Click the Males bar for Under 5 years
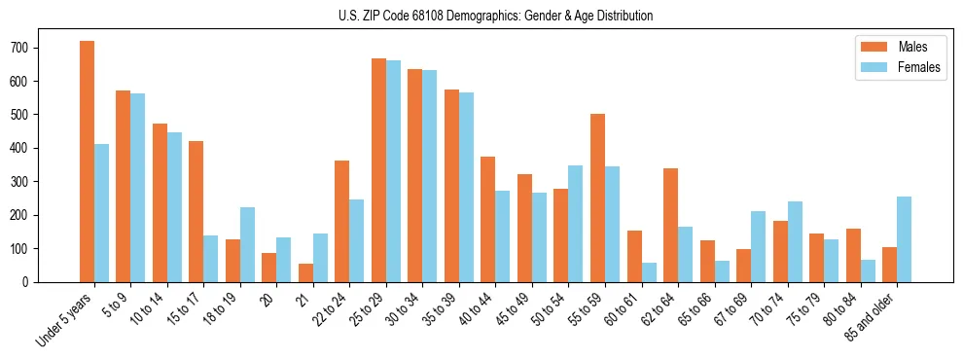point(88,162)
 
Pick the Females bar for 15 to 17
point(211,258)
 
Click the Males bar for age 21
point(306,272)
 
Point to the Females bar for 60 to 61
point(649,271)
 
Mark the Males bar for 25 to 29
point(379,170)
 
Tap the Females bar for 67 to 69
point(759,246)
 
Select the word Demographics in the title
point(482,17)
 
